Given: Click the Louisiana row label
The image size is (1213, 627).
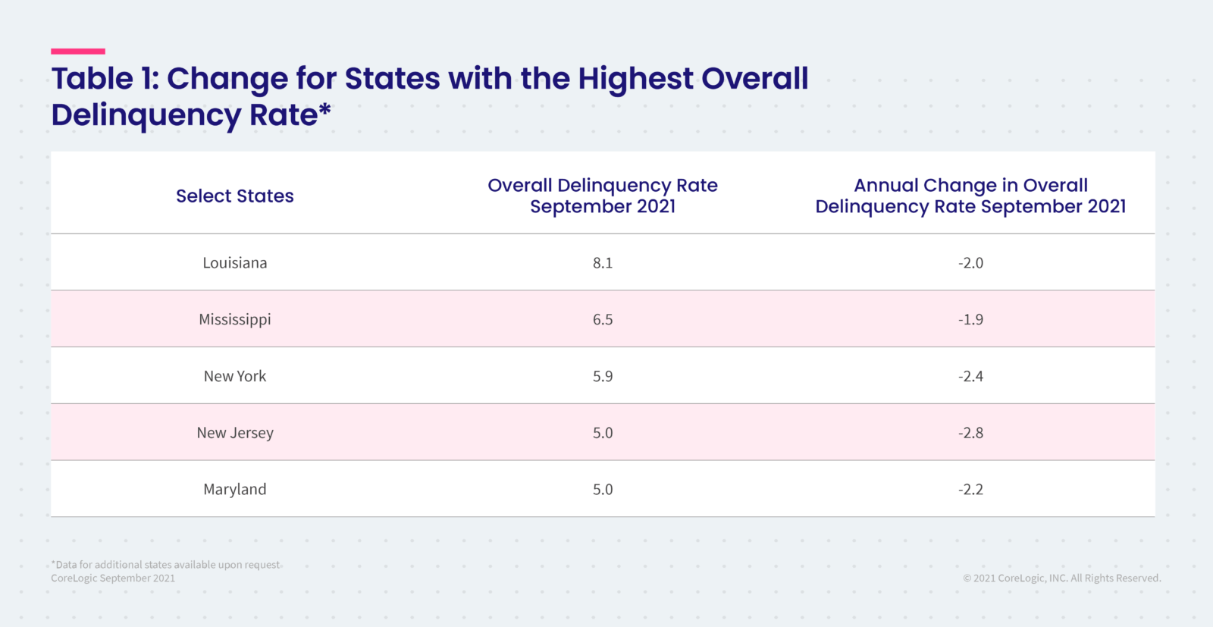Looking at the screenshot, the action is pos(234,262).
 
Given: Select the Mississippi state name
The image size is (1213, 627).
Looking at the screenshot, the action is pos(234,319).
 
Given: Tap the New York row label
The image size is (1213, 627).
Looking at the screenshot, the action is pos(234,376).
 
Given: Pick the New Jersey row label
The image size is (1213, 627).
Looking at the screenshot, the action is pos(234,433).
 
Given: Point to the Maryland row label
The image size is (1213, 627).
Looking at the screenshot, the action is pos(234,489).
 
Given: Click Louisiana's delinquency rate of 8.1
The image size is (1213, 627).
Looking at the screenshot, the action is pos(603,262).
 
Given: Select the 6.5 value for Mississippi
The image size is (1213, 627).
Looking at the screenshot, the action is pos(603,319).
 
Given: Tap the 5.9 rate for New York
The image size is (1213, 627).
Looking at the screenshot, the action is pos(603,376).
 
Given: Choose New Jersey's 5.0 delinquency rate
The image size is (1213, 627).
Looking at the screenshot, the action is pos(603,433).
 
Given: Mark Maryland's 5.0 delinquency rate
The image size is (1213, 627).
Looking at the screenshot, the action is pos(603,489).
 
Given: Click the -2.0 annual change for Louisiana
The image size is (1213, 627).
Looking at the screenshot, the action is pos(970,262).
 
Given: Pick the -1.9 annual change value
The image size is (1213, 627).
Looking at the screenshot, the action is pos(970,319).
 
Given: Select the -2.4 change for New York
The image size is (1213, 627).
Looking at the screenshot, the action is pos(970,376).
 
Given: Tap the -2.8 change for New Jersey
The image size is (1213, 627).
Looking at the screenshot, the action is pos(970,433).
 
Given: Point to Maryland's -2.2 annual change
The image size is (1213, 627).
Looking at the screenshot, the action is pos(970,489).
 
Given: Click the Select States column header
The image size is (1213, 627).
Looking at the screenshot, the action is pos(234,196).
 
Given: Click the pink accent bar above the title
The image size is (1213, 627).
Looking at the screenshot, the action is pos(78,52).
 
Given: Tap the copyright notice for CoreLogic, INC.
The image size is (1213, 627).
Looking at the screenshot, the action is pos(1062,578).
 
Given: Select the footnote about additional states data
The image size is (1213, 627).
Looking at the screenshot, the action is pos(166,564).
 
